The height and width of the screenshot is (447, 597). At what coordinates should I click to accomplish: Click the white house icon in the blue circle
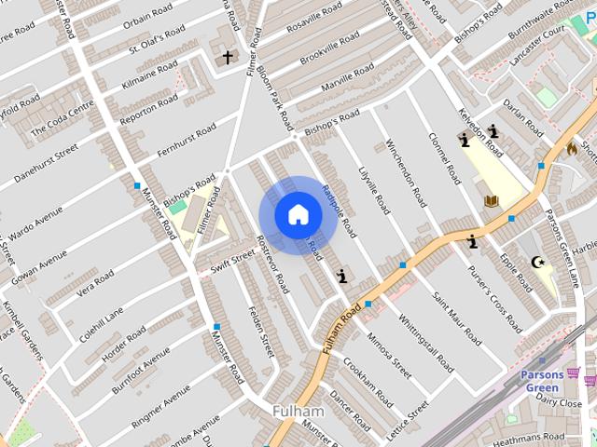click(298, 214)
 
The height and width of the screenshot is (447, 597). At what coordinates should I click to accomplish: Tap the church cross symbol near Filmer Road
click(227, 58)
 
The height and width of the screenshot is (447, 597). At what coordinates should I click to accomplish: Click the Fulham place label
click(298, 411)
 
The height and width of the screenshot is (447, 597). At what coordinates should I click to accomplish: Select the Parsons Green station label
click(542, 381)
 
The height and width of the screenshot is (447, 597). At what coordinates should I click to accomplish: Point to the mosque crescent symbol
click(536, 263)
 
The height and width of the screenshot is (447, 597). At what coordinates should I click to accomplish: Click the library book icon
click(491, 200)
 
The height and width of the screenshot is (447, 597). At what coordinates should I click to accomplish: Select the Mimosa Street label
click(389, 355)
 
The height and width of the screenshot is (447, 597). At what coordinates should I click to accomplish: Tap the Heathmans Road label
click(529, 437)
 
